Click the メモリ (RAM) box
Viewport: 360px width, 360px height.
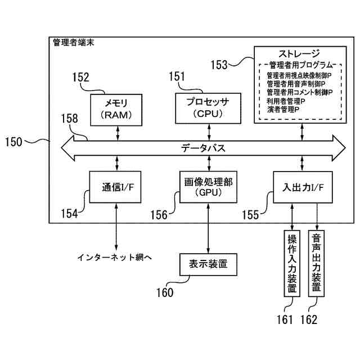coord(116,110)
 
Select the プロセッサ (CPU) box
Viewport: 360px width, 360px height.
coord(208,109)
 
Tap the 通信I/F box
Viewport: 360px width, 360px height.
coord(115,187)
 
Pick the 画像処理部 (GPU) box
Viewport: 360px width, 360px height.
coord(208,187)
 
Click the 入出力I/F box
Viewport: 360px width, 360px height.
coord(303,187)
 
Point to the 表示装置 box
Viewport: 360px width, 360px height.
coord(208,264)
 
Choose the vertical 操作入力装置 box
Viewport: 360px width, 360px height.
coord(292,263)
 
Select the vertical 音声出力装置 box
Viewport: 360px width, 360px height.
coord(316,263)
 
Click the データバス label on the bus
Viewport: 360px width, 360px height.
coord(204,148)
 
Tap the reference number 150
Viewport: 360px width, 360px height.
coord(13,142)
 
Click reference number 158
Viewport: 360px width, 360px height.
coord(69,119)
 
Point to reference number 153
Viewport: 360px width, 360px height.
coord(219,65)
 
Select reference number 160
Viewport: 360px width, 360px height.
coord(165,292)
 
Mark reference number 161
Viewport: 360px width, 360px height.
coord(285,319)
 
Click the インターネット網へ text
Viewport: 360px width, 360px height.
coord(115,257)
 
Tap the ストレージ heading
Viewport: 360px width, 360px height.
coord(299,54)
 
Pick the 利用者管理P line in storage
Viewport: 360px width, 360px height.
coord(286,101)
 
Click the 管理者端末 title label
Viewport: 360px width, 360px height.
coord(74,43)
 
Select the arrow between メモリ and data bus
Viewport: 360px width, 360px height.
coord(118,133)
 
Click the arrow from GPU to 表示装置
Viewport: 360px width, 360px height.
coord(208,228)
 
